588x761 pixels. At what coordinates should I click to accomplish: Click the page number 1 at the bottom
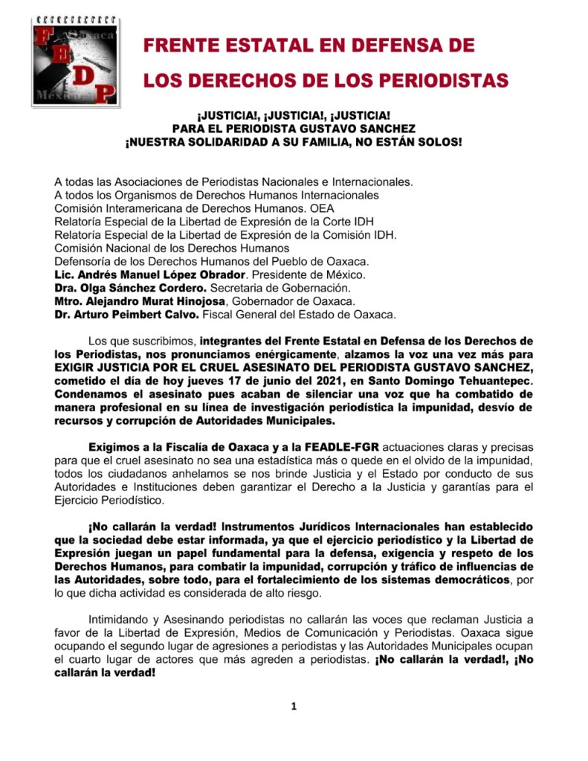point(294,707)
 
